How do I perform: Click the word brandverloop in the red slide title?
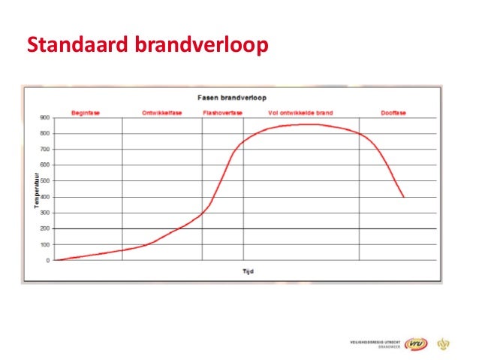[x=200, y=47]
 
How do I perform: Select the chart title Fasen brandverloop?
[x=231, y=97]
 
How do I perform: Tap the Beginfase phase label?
[x=86, y=113]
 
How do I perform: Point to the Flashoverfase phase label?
[x=222, y=113]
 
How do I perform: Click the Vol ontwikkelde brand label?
[x=300, y=113]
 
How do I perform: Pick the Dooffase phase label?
[x=393, y=113]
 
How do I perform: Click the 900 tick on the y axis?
[x=46, y=118]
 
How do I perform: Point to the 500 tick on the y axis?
[x=46, y=181]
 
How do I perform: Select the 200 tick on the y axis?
[x=46, y=228]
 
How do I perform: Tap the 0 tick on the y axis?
[x=49, y=261]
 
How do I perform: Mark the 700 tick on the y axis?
[x=46, y=150]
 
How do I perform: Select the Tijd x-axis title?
[x=248, y=271]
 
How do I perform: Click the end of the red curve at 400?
[x=404, y=197]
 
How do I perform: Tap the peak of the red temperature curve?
[x=306, y=124]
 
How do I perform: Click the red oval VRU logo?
[x=416, y=344]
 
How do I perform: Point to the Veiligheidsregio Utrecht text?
[x=375, y=342]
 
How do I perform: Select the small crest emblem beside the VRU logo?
[x=443, y=344]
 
